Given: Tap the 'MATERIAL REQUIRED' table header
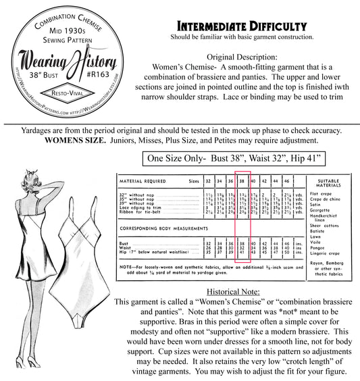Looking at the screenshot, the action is coord(145,182).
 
